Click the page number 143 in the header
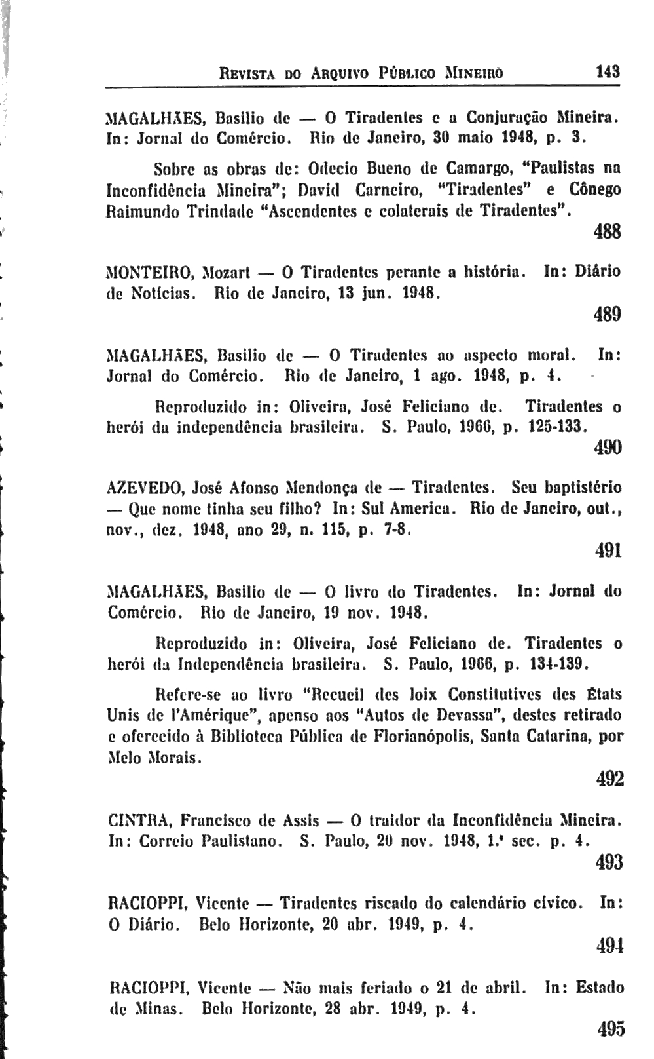(608, 71)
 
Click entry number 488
(608, 232)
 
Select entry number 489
(608, 315)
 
